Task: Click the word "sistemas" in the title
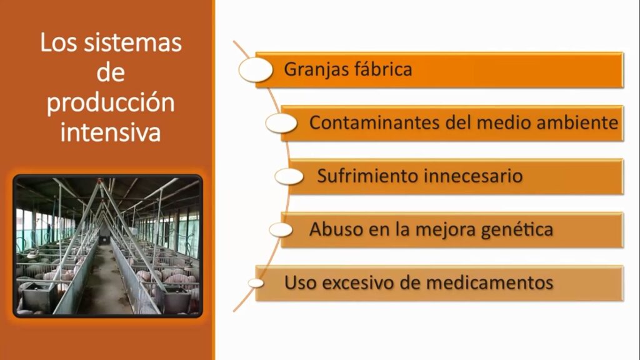click(x=132, y=42)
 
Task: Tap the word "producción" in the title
click(x=111, y=103)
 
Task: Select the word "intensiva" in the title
click(x=111, y=132)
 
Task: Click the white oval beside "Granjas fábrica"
click(x=256, y=69)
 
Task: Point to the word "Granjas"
click(x=316, y=70)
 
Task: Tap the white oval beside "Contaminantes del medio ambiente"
click(x=281, y=123)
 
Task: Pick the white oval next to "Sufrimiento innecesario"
click(x=289, y=177)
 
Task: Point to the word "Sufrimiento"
click(x=367, y=176)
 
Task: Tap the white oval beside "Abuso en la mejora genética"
click(x=281, y=230)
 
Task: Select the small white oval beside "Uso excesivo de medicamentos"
click(x=256, y=283)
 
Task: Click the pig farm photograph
click(x=107, y=246)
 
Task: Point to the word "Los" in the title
click(x=59, y=42)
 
